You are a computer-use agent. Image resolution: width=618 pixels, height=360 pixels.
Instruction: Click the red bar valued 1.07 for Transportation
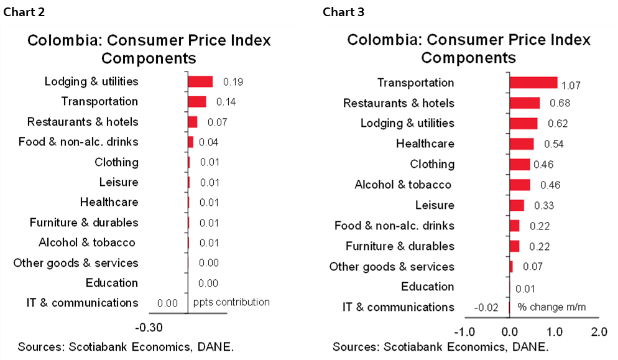point(533,83)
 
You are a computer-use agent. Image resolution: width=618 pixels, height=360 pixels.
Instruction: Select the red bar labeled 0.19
point(200,81)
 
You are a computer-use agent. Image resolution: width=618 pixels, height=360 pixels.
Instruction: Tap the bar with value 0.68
point(524,103)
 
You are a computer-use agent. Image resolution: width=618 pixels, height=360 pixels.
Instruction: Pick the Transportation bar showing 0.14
point(196,101)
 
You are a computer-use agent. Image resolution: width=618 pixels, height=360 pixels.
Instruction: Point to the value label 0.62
point(557,124)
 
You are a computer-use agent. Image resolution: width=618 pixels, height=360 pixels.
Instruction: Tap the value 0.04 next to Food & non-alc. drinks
point(208,142)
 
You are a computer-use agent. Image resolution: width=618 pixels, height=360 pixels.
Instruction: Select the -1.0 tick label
point(464,331)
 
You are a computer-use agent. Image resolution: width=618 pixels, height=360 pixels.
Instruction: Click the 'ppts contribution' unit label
point(231,302)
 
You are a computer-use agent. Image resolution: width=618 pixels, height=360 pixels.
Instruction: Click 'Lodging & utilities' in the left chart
point(91,81)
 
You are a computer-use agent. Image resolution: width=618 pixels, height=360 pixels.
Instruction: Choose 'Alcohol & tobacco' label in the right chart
point(402,185)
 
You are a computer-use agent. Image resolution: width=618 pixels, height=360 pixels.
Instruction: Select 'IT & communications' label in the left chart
point(82,303)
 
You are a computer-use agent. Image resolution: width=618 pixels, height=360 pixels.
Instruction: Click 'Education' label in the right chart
point(427,287)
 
